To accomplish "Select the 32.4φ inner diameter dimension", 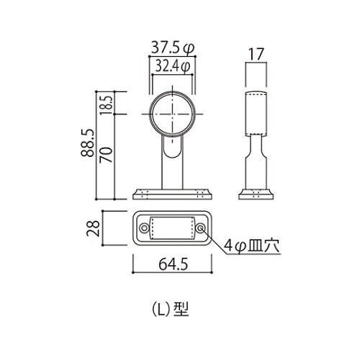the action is pos(173,66).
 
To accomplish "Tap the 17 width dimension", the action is pos(256,54).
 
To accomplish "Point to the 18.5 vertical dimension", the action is pos(106,105).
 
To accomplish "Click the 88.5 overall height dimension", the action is pos(87,143).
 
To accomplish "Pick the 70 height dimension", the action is pos(106,155).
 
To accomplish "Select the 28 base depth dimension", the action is pos(93,228).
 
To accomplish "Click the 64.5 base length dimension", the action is pos(174,264).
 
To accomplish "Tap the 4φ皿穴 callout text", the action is pos(252,246).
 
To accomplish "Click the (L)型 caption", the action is pos(171,309).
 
